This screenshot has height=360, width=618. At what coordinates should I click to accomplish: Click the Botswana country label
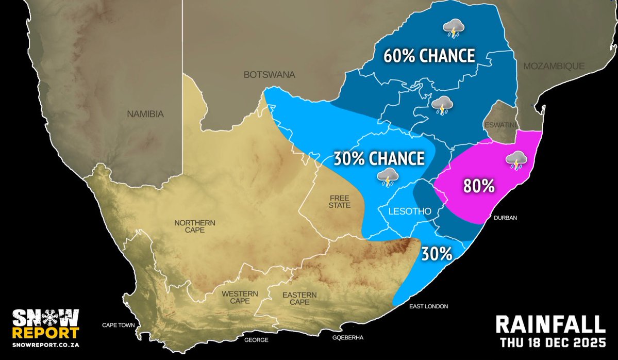coord(269,75)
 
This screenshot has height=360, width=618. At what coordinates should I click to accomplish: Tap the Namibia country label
coord(145,114)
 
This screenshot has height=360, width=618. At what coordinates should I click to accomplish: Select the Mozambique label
coord(554,66)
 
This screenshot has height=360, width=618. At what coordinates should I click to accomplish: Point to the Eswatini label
coord(499,125)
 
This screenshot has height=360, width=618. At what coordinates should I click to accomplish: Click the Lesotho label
coord(409,211)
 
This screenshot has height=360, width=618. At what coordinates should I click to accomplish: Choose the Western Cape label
coord(240,298)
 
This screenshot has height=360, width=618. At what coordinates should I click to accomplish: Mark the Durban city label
coord(505,218)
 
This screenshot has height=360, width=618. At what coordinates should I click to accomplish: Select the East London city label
coord(428,306)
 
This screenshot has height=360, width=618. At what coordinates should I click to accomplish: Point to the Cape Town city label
coord(118,325)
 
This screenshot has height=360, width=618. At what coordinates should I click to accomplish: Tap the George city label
coord(256,340)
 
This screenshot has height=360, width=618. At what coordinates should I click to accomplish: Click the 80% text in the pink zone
coord(479,186)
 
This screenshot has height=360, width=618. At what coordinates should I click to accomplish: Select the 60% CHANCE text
coord(428,56)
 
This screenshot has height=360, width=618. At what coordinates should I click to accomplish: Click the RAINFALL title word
coord(549,324)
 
